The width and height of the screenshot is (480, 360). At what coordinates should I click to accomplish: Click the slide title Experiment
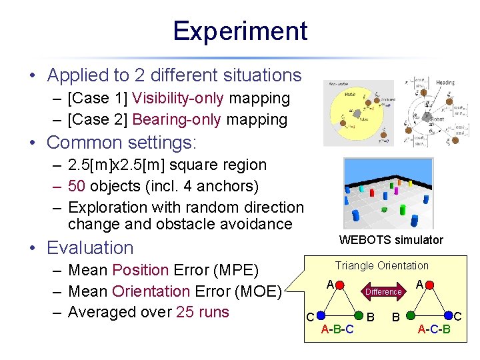[x=240, y=31]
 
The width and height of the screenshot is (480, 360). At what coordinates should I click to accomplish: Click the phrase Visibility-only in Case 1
[x=178, y=99]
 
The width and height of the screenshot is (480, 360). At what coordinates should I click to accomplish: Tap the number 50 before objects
[x=79, y=186]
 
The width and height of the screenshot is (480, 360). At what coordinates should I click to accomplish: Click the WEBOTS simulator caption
[x=391, y=240]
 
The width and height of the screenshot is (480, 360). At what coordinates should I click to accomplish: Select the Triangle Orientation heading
[x=382, y=265]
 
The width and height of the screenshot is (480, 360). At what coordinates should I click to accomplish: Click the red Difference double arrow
[x=383, y=291]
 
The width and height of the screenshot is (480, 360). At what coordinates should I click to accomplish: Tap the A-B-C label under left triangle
[x=337, y=329]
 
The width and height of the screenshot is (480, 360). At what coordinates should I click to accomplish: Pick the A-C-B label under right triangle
[x=434, y=329]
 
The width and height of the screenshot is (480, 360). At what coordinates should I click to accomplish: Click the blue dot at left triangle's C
[x=320, y=315]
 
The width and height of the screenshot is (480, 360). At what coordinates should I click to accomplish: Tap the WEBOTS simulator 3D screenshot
[x=388, y=193]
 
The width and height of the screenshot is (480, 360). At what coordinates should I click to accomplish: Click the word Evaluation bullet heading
[x=90, y=248]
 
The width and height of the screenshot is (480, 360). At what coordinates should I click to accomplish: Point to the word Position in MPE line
[x=141, y=270]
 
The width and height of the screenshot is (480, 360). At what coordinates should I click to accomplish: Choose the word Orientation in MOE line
[x=151, y=291]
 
